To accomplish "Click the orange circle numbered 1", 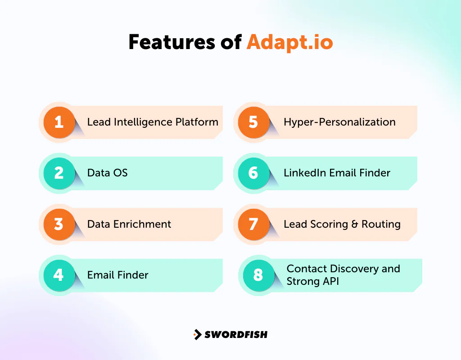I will point(59,122).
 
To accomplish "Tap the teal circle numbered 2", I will point(59,173).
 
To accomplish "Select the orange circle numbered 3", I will point(59,224).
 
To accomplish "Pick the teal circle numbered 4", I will point(59,275).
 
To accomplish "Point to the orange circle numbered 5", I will point(253,122).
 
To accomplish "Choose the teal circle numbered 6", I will point(253,173).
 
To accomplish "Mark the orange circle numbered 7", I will point(253,224).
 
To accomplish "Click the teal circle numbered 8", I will point(258,275).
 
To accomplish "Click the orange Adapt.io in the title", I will point(289,42).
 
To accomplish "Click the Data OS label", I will point(108,173).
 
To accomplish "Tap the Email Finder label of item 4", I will point(118,275).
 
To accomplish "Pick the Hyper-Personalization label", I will point(339,122).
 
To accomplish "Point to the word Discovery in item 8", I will point(355,269).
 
